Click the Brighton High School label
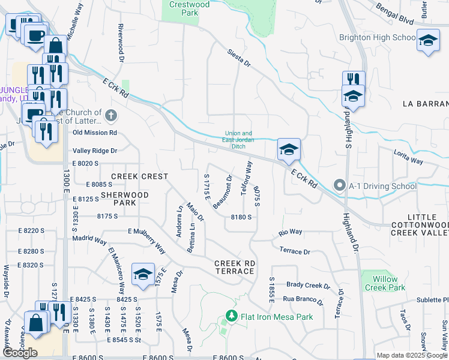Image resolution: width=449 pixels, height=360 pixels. [377, 37]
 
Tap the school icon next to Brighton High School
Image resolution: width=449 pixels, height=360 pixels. [427, 41]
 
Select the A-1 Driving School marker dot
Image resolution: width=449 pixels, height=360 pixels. [340, 186]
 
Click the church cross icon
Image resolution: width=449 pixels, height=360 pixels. [110, 116]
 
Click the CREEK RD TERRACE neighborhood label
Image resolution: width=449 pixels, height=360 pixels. [235, 268]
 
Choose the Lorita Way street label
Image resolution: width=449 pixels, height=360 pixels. [409, 158]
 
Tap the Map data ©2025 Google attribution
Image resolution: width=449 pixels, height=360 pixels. [412, 355]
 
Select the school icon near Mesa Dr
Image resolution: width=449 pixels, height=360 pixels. [143, 274]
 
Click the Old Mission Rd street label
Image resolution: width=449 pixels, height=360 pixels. [95, 133]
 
